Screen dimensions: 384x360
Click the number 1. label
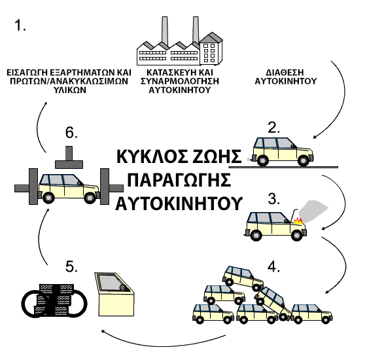[20, 26]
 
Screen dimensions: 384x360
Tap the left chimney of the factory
[165, 31]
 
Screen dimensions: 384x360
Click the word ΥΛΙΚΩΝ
[70, 90]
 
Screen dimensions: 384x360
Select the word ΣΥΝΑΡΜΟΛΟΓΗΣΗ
[180, 81]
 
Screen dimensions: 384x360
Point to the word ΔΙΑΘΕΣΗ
[285, 72]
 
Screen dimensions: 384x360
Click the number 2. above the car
[274, 128]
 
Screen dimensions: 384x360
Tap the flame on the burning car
[298, 221]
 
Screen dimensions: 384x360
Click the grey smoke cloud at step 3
[313, 211]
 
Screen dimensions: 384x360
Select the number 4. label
[274, 266]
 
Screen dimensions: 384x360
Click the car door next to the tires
[115, 294]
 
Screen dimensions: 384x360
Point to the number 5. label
[71, 266]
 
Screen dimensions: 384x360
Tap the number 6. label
[71, 133]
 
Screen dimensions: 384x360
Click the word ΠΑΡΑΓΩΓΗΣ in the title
[179, 180]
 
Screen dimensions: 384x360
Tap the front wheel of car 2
[304, 161]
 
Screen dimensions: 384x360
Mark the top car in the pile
[243, 278]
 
